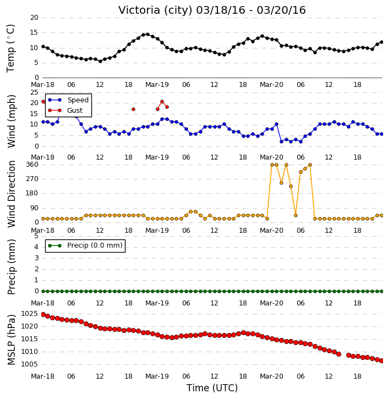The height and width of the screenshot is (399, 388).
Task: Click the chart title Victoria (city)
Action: click(x=155, y=10)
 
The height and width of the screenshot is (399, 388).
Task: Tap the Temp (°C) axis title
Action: click(x=10, y=48)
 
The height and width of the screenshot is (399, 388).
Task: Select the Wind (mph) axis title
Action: click(x=11, y=121)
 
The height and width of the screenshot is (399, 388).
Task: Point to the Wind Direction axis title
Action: click(x=11, y=194)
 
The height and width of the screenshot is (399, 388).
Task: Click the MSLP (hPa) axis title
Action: click(x=11, y=340)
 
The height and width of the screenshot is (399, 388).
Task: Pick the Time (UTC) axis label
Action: click(x=212, y=388)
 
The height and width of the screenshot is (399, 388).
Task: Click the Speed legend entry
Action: click(x=78, y=100)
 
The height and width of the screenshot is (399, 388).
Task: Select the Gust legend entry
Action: click(x=75, y=111)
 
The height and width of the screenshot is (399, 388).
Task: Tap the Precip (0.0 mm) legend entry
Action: click(x=95, y=245)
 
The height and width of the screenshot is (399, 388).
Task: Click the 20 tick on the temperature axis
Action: click(x=34, y=18)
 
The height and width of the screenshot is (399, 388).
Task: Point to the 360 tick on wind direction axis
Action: click(x=32, y=165)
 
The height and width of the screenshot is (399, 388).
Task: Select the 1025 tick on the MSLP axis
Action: click(x=30, y=314)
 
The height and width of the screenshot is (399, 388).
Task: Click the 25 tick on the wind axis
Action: click(x=34, y=92)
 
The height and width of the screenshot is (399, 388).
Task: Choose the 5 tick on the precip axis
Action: click(x=36, y=236)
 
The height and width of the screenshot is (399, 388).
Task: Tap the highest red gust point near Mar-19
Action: click(x=162, y=101)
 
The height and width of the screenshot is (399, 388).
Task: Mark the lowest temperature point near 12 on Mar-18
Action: click(x=100, y=61)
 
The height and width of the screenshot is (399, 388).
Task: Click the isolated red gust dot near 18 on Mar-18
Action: click(x=133, y=110)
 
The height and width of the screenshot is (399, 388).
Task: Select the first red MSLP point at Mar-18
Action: click(x=43, y=315)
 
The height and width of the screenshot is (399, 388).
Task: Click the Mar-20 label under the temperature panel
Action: click(x=271, y=85)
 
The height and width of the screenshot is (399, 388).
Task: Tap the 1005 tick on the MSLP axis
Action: click(x=30, y=364)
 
